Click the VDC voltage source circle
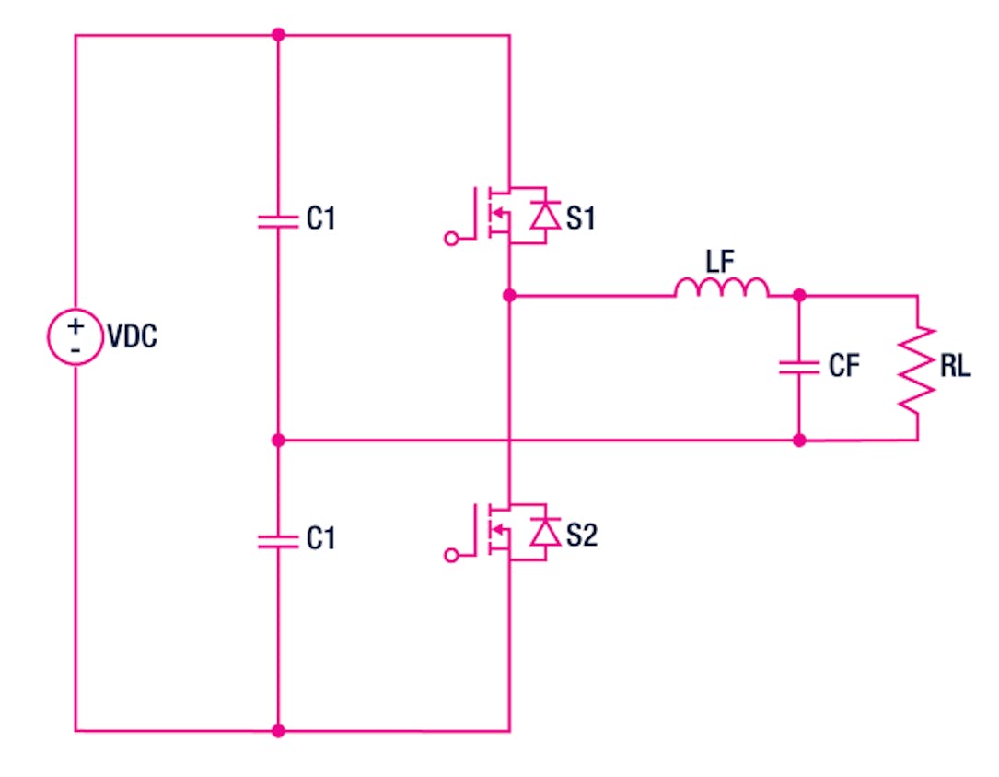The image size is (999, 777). click(75, 336)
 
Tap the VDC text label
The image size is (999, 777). click(132, 337)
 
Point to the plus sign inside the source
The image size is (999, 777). click(75, 325)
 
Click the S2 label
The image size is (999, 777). click(582, 535)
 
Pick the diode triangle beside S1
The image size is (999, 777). click(546, 216)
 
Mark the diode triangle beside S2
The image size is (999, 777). click(546, 532)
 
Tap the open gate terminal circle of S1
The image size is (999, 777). click(451, 239)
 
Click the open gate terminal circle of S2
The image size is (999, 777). click(451, 555)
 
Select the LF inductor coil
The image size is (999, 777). click(721, 288)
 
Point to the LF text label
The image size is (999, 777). click(721, 260)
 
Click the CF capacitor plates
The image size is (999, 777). click(798, 367)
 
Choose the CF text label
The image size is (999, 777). click(844, 367)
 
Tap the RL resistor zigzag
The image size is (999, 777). click(917, 368)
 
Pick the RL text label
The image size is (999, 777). click(956, 368)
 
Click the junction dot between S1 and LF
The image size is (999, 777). click(509, 296)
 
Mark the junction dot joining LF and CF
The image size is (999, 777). click(798, 296)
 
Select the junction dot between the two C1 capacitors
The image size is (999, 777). click(278, 441)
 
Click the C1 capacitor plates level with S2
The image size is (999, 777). click(278, 539)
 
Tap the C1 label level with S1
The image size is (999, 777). click(319, 219)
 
